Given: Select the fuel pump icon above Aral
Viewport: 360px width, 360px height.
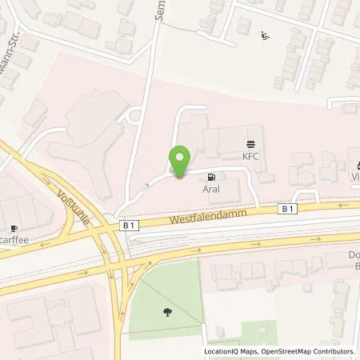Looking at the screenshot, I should (x=210, y=177).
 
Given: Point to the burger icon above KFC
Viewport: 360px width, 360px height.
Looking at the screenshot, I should (x=253, y=142).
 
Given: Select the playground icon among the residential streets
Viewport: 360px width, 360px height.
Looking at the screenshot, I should (x=266, y=35).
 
